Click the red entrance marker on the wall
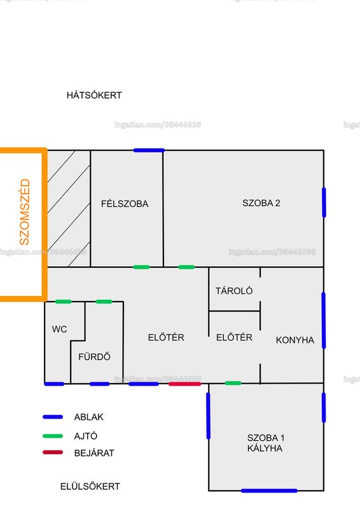tap(184, 384)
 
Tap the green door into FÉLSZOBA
tap(142, 267)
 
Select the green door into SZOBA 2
tap(186, 267)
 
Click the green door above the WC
tap(64, 302)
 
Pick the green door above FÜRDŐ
tap(104, 302)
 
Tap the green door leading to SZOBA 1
tap(233, 384)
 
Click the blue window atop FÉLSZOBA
tap(149, 150)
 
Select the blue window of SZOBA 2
tap(324, 202)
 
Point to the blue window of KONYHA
tap(324, 321)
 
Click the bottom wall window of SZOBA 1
tap(269, 491)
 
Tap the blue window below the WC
tap(54, 384)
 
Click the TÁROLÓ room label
tap(234, 291)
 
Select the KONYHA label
tap(295, 340)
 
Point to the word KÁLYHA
tap(265, 449)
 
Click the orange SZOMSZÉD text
tap(25, 212)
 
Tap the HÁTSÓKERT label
tap(94, 95)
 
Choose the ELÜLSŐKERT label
tap(90, 486)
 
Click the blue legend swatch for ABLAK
tap(53, 417)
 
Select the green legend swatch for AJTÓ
tap(53, 436)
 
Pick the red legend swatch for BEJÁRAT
tap(53, 452)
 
